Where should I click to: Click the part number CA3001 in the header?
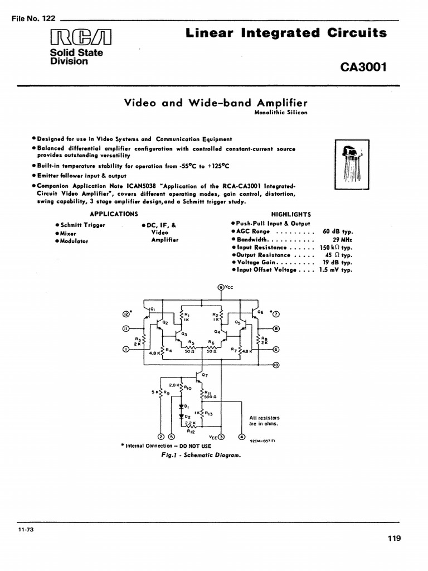pyautogui.click(x=363, y=68)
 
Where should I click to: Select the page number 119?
pyautogui.click(x=394, y=538)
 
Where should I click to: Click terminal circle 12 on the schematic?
pyautogui.click(x=126, y=314)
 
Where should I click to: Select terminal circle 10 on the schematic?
pyautogui.click(x=276, y=365)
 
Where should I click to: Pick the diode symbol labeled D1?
pyautogui.click(x=181, y=406)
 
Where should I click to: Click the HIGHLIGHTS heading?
pyautogui.click(x=291, y=214)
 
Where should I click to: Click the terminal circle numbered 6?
pyautogui.click(x=276, y=349)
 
